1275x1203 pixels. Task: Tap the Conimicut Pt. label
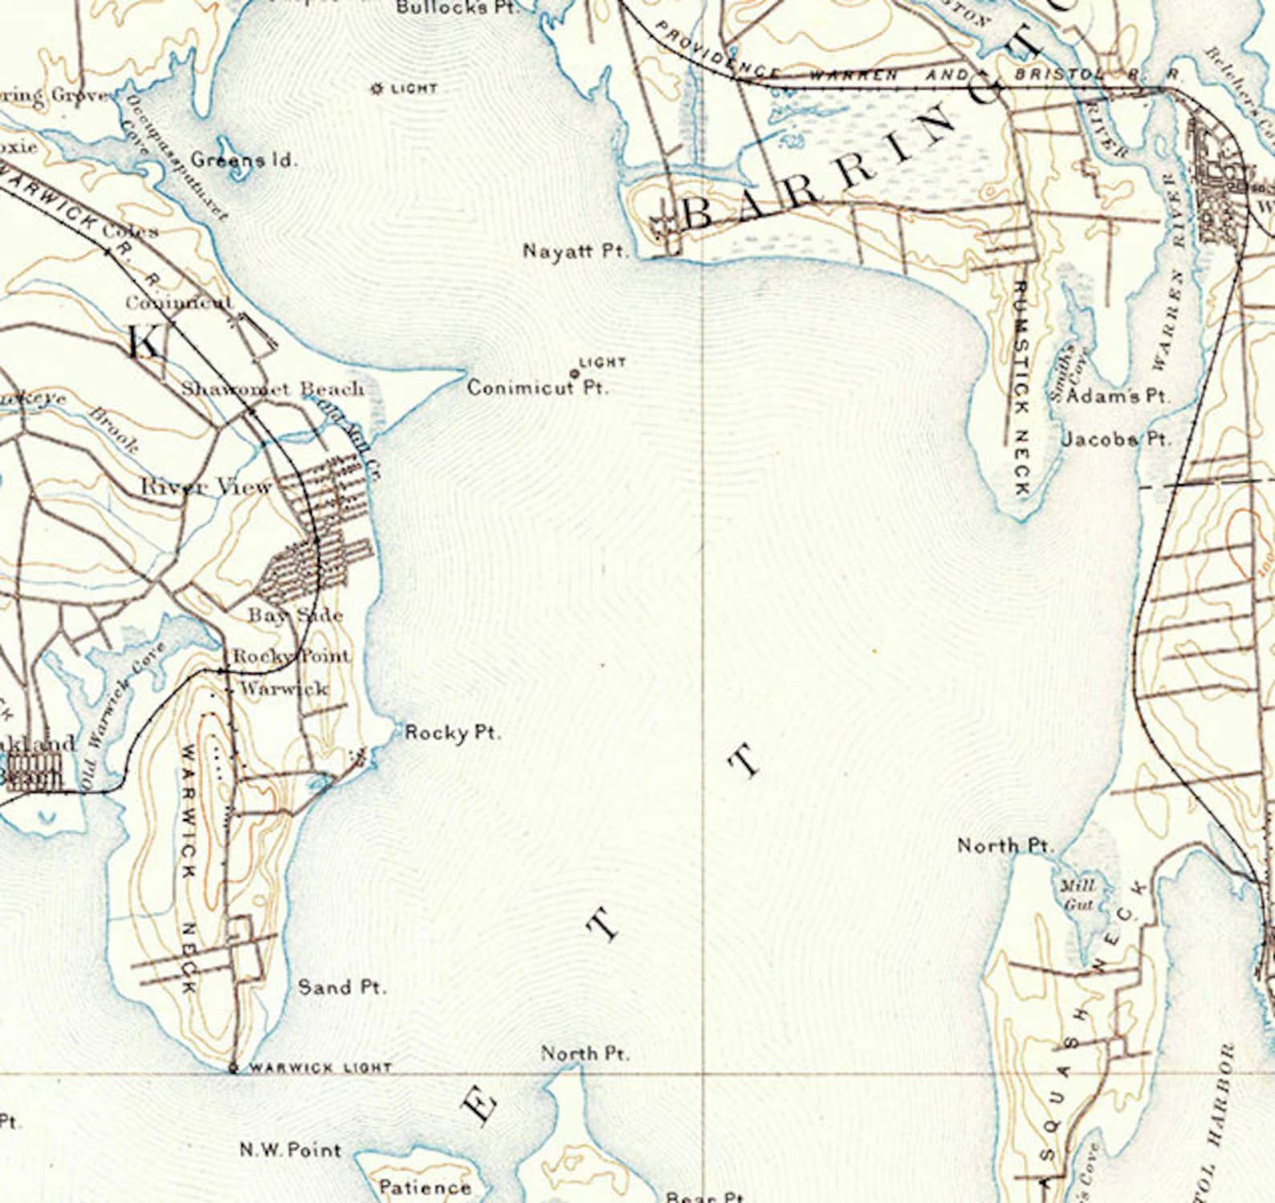pyautogui.click(x=537, y=389)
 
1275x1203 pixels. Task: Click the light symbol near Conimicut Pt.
pyautogui.click(x=574, y=373)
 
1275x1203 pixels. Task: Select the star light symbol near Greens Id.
pyautogui.click(x=377, y=88)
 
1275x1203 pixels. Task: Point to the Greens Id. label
pyautogui.click(x=243, y=160)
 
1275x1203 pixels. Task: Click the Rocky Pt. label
pyautogui.click(x=453, y=732)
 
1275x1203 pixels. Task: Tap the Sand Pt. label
pyautogui.click(x=341, y=987)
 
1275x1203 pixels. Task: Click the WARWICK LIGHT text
pyautogui.click(x=320, y=1068)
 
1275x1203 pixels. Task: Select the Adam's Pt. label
pyautogui.click(x=1118, y=396)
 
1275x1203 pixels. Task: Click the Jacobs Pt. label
pyautogui.click(x=1116, y=439)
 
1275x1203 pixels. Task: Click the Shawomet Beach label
pyautogui.click(x=272, y=389)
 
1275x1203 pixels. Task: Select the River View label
pyautogui.click(x=206, y=487)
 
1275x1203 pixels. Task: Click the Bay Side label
pyautogui.click(x=295, y=616)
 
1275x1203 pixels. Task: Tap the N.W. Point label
pyautogui.click(x=290, y=1150)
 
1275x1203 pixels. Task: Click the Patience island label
pyautogui.click(x=425, y=1186)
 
